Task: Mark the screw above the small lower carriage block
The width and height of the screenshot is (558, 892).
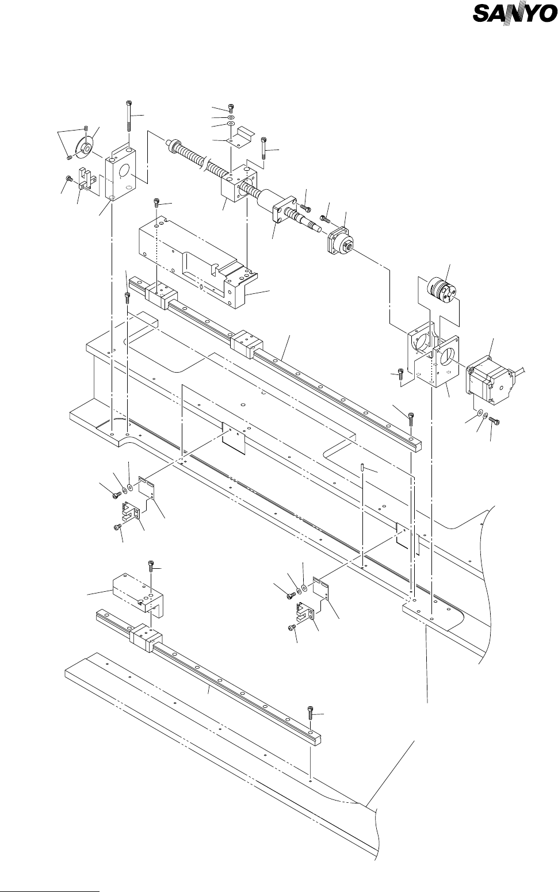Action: pyautogui.click(x=151, y=565)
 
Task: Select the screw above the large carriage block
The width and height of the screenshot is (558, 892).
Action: pyautogui.click(x=157, y=203)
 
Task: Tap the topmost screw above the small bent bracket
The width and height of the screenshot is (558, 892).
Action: pyautogui.click(x=231, y=107)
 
